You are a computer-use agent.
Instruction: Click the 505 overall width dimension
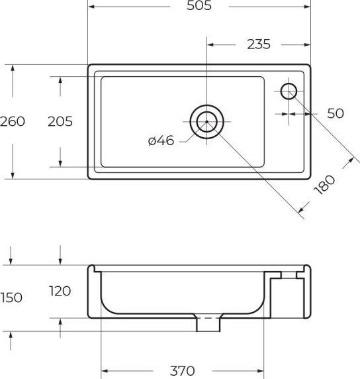pyautogui.click(x=199, y=7)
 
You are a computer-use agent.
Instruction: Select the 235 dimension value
pyautogui.click(x=258, y=44)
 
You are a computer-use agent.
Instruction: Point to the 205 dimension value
pyautogui.click(x=60, y=121)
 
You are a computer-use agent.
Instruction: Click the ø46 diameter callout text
pyautogui.click(x=161, y=140)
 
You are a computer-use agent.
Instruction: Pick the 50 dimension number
pyautogui.click(x=336, y=113)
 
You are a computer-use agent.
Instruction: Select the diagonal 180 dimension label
pyautogui.click(x=325, y=185)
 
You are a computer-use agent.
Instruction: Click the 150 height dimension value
pyautogui.click(x=11, y=298)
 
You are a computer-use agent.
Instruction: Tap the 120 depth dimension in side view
pyautogui.click(x=60, y=291)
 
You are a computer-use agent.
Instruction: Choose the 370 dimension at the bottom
pyautogui.click(x=182, y=371)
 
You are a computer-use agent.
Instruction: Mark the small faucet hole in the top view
pyautogui.click(x=289, y=91)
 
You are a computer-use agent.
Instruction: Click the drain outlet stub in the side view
pyautogui.click(x=208, y=325)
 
